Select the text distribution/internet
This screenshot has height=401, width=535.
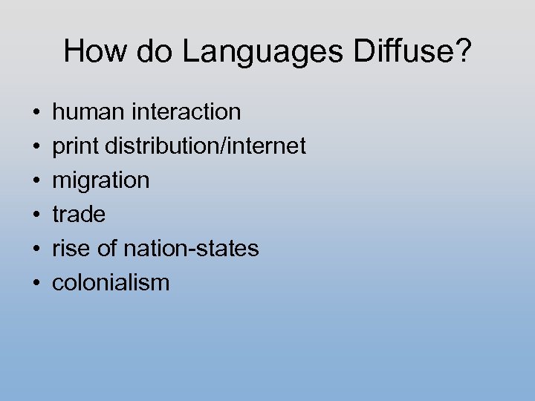tap(205, 146)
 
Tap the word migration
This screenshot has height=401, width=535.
tap(101, 180)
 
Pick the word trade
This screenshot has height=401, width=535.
tap(79, 215)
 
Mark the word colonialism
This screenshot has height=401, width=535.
tap(111, 283)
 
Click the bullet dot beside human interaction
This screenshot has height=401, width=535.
tap(36, 113)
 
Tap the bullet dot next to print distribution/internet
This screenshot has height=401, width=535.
tap(36, 147)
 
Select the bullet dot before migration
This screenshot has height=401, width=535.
tap(36, 181)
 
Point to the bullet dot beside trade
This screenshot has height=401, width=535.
tap(36, 215)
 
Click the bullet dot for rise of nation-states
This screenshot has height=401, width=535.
tap(36, 250)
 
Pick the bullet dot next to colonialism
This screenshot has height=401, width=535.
tap(36, 284)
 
